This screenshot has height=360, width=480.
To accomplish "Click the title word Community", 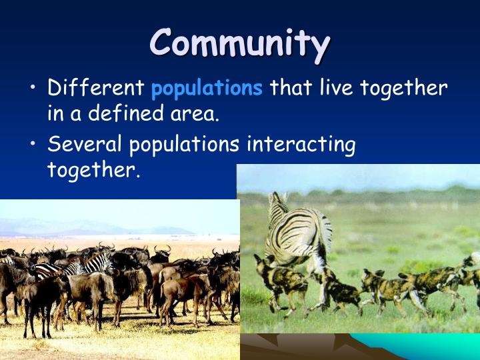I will pyautogui.click(x=239, y=43).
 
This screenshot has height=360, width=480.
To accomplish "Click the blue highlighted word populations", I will pyautogui.click(x=207, y=89).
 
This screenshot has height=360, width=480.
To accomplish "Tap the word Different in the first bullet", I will pyautogui.click(x=96, y=88).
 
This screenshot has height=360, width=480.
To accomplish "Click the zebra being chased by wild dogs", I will pyautogui.click(x=297, y=230).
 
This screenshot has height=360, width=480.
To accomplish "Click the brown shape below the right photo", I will pyautogui.click(x=300, y=347).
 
